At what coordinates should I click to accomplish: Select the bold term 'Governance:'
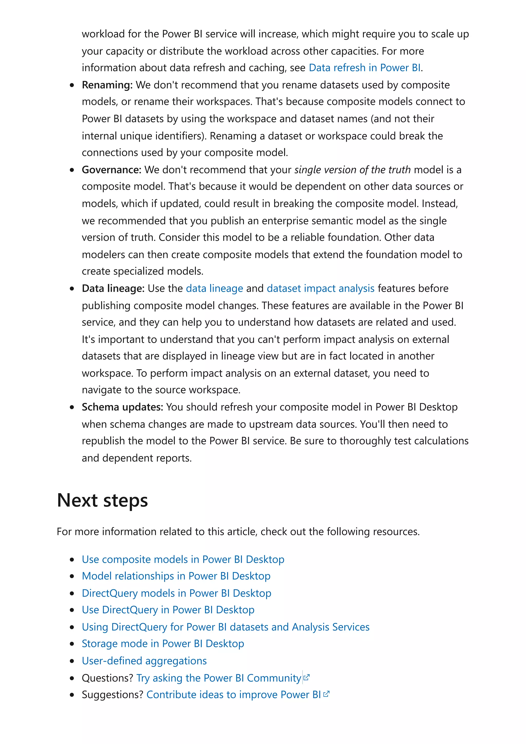111,170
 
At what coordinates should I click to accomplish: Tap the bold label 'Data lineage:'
113,288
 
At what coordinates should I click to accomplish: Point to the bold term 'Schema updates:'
122,407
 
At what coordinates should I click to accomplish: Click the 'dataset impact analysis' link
321,288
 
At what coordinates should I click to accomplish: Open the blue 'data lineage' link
214,288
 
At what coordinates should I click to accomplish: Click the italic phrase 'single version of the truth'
352,170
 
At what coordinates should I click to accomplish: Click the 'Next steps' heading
102,500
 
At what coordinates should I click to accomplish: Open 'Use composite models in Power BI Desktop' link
183,559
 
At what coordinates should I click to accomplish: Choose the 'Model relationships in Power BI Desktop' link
176,576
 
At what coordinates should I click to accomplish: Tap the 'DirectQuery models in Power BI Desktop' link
176,593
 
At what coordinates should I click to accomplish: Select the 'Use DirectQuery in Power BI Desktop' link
168,610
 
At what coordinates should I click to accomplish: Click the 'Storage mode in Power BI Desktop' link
163,644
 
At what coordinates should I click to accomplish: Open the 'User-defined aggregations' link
144,661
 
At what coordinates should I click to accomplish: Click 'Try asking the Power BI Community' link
219,678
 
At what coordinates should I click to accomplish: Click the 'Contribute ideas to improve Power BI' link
233,695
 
